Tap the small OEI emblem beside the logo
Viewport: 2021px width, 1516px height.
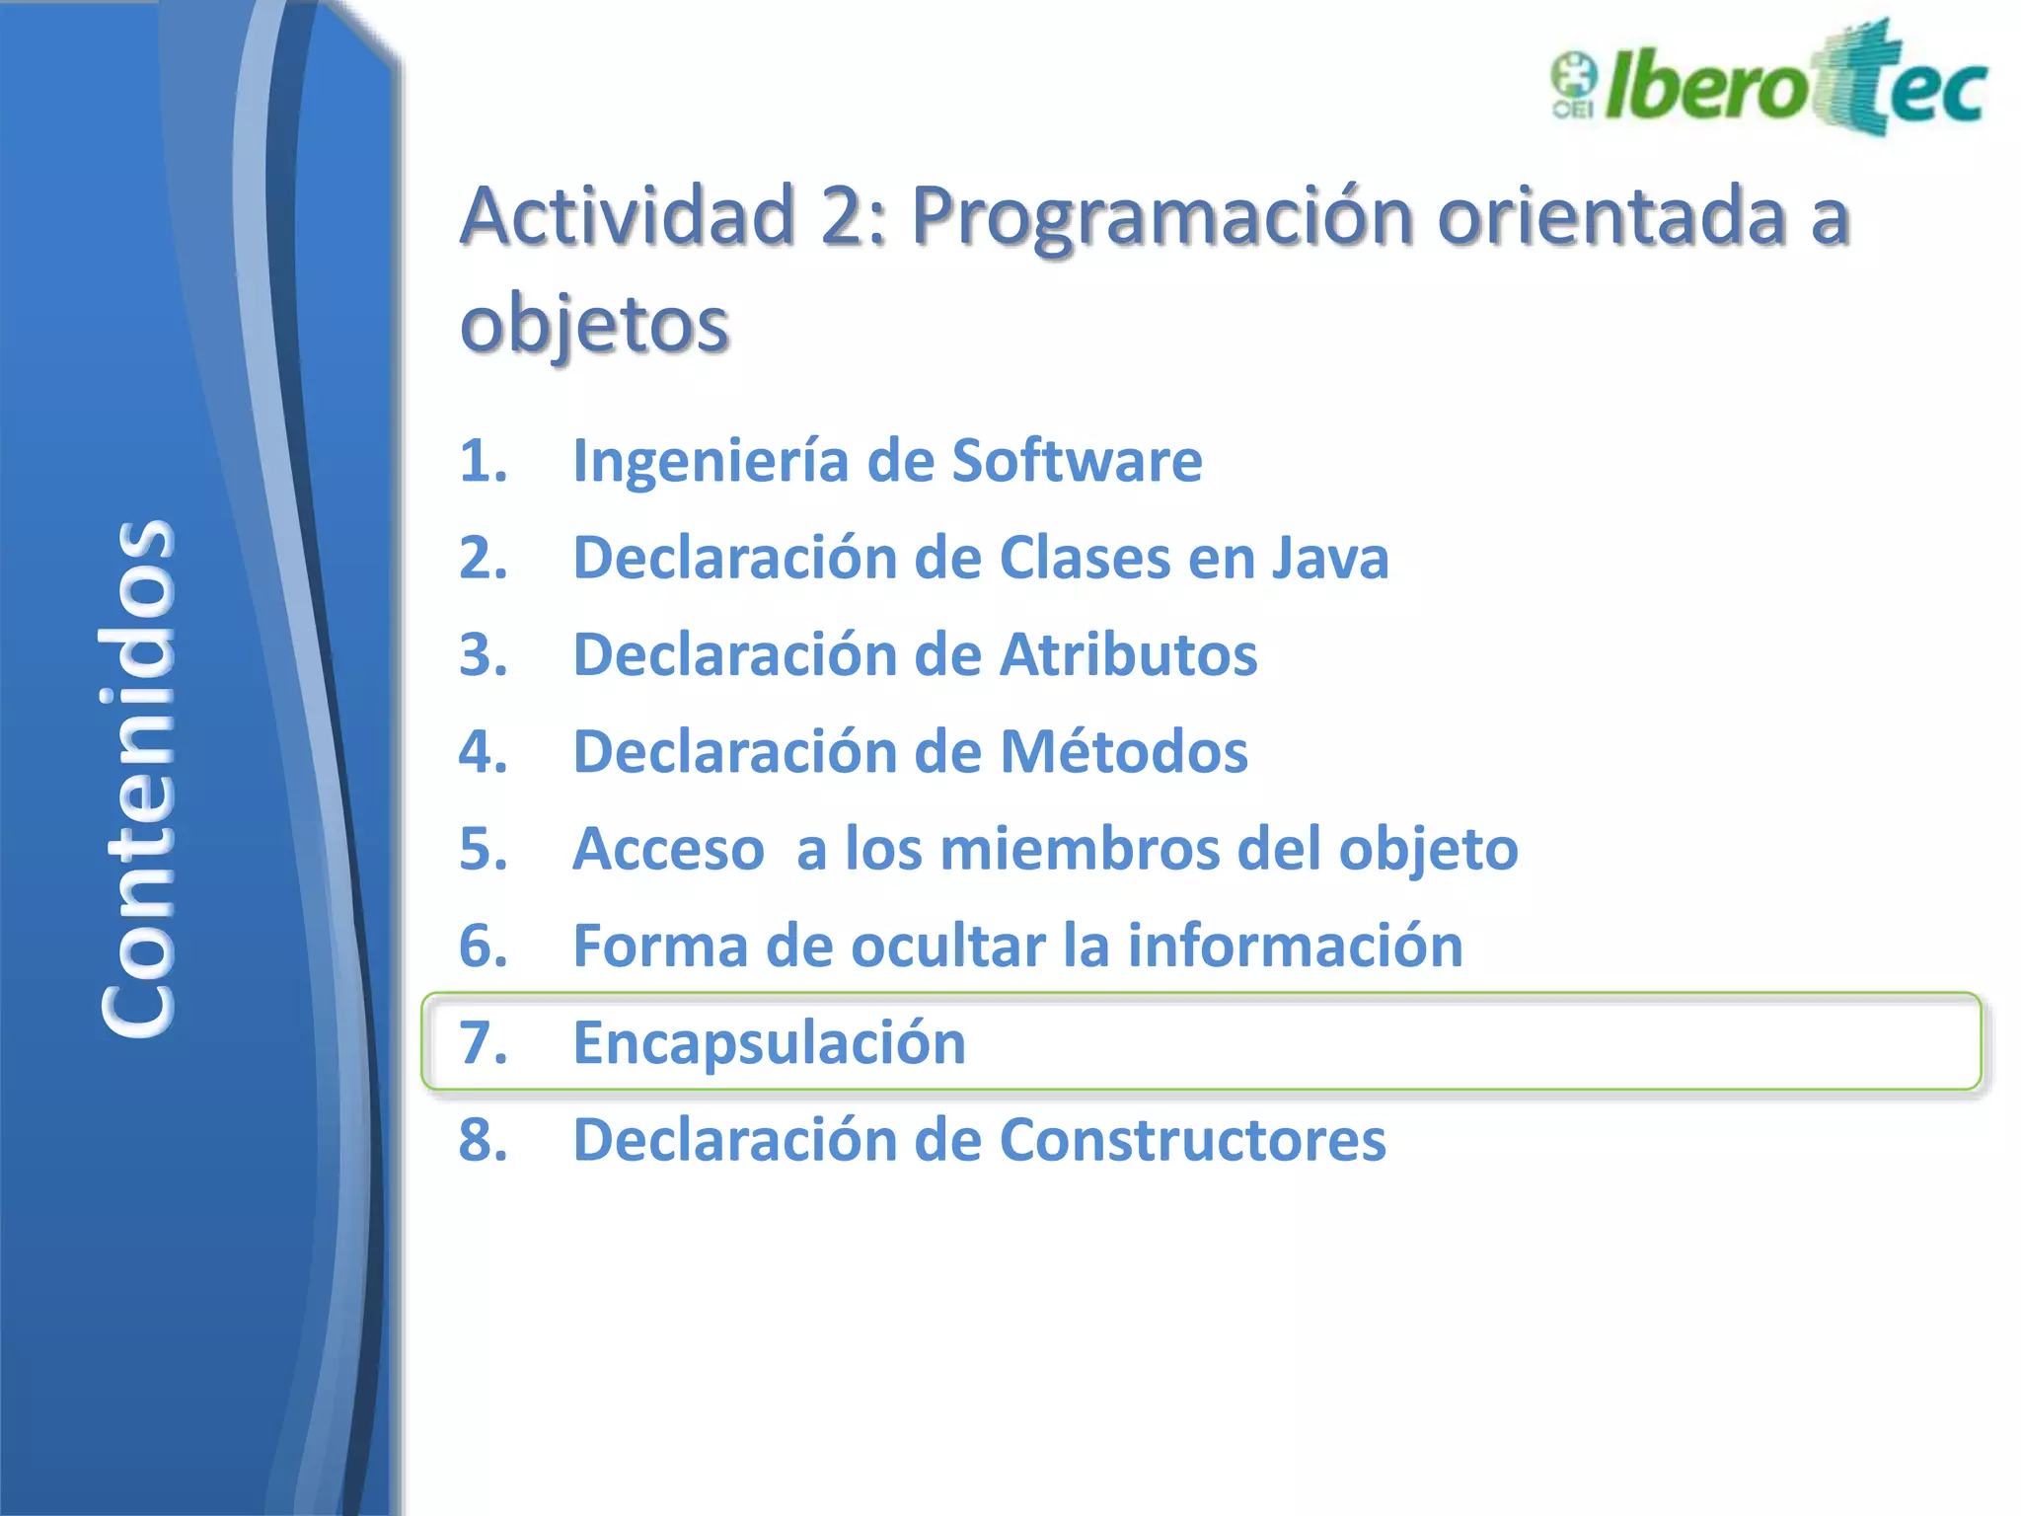point(1573,85)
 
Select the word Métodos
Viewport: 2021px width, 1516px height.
point(1124,751)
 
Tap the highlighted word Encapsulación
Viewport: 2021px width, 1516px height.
point(769,1043)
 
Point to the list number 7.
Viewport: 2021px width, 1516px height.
point(483,1043)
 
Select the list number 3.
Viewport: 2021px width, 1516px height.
point(483,654)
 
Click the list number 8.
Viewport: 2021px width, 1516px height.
point(483,1140)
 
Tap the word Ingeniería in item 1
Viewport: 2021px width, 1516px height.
point(710,461)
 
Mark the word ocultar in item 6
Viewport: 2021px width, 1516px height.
point(946,946)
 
